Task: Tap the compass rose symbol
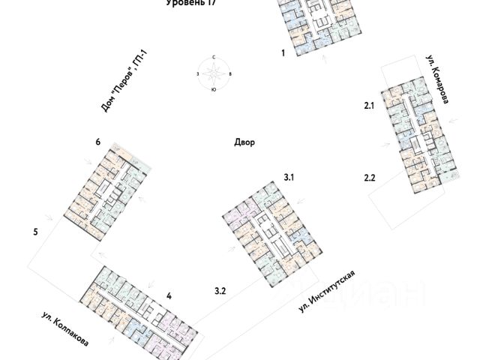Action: (x=214, y=73)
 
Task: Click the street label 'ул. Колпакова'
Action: (x=64, y=329)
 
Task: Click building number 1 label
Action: (x=283, y=53)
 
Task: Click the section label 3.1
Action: (x=290, y=177)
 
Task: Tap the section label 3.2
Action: (x=220, y=289)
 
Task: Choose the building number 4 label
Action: (x=169, y=296)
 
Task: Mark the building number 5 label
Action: (x=35, y=232)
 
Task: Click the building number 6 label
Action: (x=97, y=142)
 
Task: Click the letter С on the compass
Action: (x=214, y=58)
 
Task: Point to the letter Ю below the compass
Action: (x=214, y=89)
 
